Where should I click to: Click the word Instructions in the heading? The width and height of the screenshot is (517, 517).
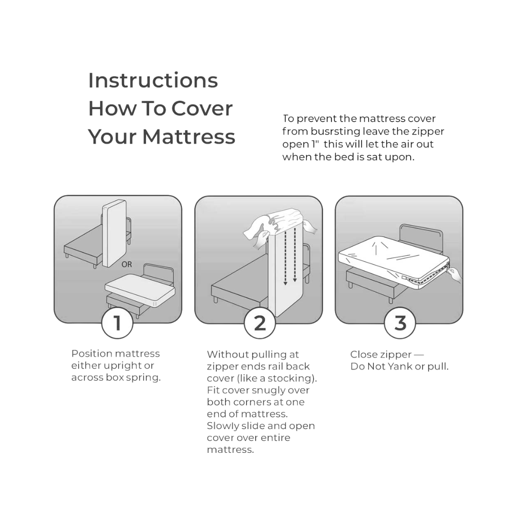[153, 81]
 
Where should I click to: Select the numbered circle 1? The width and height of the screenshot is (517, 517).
[117, 324]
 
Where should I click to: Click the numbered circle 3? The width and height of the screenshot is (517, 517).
[400, 324]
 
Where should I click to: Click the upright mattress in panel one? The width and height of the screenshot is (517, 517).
[114, 235]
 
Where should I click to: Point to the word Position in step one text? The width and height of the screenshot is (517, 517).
[91, 354]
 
